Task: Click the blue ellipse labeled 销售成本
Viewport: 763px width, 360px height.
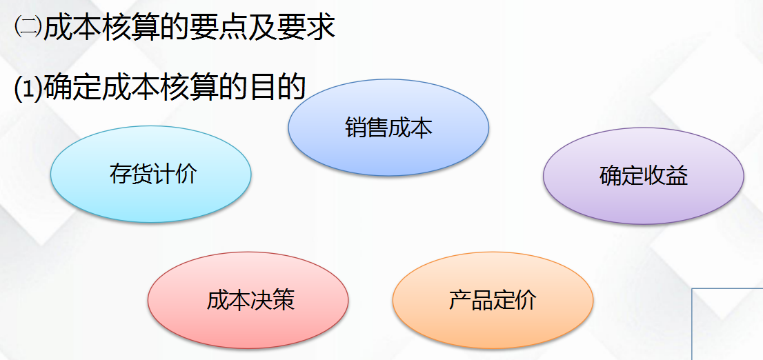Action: pyautogui.click(x=388, y=128)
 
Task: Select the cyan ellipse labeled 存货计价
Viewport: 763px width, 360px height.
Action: pyautogui.click(x=151, y=174)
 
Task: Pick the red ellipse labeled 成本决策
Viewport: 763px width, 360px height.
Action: pyautogui.click(x=248, y=300)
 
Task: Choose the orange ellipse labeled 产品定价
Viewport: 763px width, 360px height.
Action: pyautogui.click(x=493, y=301)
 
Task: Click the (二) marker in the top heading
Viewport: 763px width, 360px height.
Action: pyautogui.click(x=28, y=28)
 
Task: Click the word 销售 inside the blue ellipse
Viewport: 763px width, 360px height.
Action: pyautogui.click(x=366, y=128)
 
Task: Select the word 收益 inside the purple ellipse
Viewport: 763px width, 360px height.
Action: pyautogui.click(x=666, y=176)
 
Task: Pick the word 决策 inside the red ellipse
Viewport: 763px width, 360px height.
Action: pyautogui.click(x=272, y=301)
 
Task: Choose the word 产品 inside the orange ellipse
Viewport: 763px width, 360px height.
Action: pyautogui.click(x=470, y=301)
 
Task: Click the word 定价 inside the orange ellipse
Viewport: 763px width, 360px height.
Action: pyautogui.click(x=515, y=301)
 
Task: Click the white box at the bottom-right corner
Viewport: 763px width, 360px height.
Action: pyautogui.click(x=727, y=323)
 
